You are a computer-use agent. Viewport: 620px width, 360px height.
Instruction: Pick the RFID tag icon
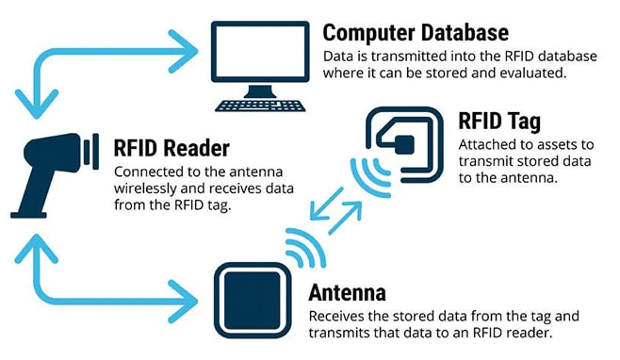[x=404, y=144]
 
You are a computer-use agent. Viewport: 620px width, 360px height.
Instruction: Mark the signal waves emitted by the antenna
[x=299, y=247]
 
